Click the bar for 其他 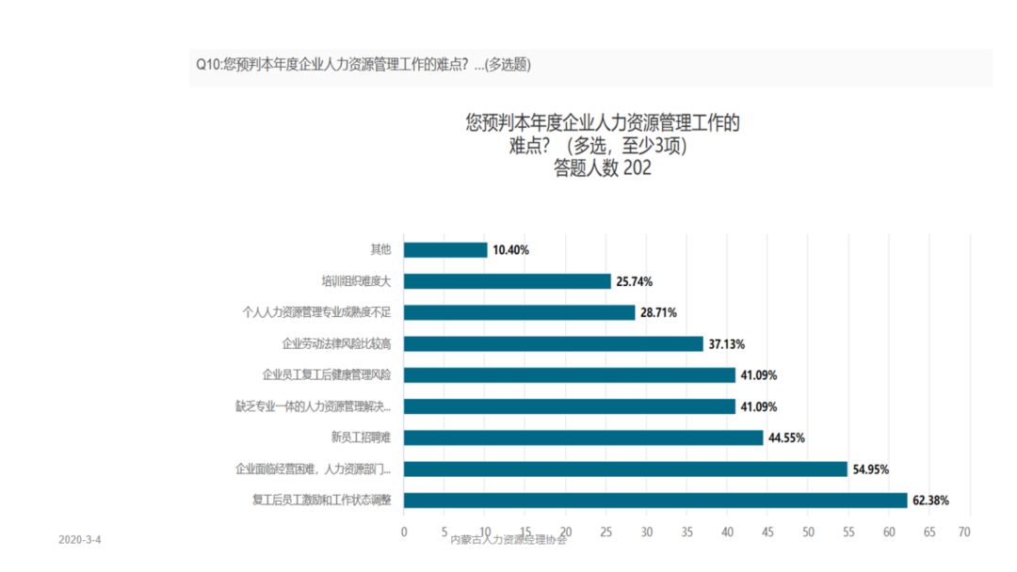pyautogui.click(x=445, y=250)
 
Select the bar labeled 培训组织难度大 pyautogui.click(x=507, y=281)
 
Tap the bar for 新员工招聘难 pyautogui.click(x=583, y=437)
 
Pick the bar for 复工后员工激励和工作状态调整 pyautogui.click(x=654, y=500)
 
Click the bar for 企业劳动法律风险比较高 pyautogui.click(x=553, y=343)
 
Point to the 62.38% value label pyautogui.click(x=930, y=500)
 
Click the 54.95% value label pyautogui.click(x=870, y=469)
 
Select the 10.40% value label pyautogui.click(x=510, y=250)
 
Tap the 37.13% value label pyautogui.click(x=726, y=344)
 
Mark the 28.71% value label pyautogui.click(x=658, y=312)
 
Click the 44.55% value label pyautogui.click(x=786, y=437)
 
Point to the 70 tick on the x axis pyautogui.click(x=963, y=532)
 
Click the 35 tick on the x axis pyautogui.click(x=686, y=532)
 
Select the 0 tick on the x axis pyautogui.click(x=404, y=532)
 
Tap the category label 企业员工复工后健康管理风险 pyautogui.click(x=326, y=375)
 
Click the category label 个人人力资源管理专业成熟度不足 pyautogui.click(x=316, y=312)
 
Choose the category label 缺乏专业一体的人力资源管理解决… pyautogui.click(x=313, y=406)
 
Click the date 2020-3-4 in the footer pyautogui.click(x=80, y=540)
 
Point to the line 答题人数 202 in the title pyautogui.click(x=603, y=169)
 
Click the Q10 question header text pyautogui.click(x=363, y=64)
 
